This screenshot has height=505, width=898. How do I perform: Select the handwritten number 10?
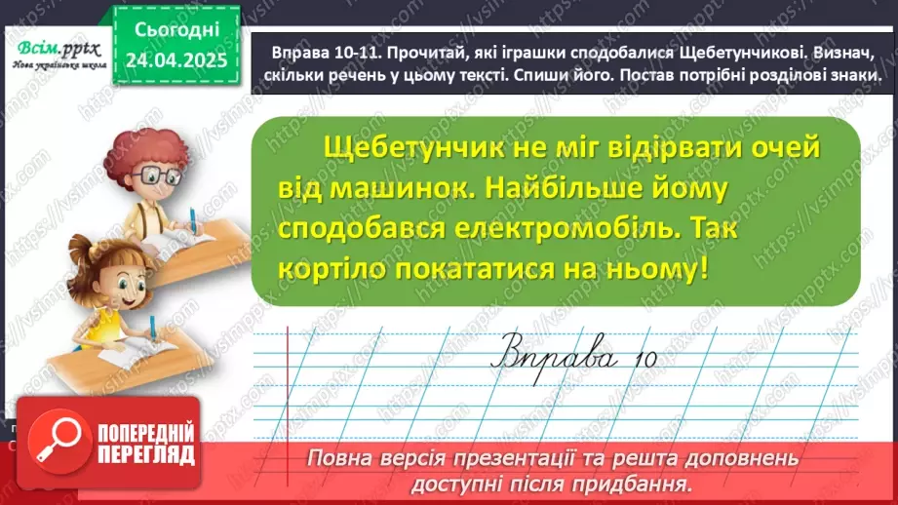[643, 357]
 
